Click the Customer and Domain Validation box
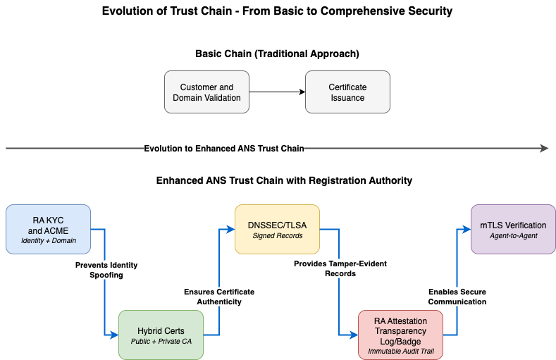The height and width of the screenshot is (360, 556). click(x=206, y=92)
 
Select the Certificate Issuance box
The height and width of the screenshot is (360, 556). click(x=347, y=92)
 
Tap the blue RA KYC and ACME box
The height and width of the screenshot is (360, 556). click(x=48, y=229)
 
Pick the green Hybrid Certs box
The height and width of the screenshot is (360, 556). click(x=161, y=335)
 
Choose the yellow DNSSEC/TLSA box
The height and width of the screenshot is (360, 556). click(x=277, y=229)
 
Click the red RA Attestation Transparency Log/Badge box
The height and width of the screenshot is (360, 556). click(x=400, y=335)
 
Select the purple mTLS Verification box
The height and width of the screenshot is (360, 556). click(x=513, y=229)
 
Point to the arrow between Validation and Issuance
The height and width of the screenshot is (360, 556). click(x=277, y=92)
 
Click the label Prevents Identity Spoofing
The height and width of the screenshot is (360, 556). click(x=106, y=270)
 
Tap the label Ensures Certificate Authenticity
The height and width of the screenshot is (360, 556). click(x=219, y=297)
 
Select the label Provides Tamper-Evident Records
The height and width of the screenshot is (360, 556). click(x=340, y=268)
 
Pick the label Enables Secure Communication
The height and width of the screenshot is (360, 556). click(x=457, y=297)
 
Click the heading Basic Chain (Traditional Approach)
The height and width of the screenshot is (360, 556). click(x=277, y=54)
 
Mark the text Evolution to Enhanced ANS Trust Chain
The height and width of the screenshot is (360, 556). click(x=223, y=148)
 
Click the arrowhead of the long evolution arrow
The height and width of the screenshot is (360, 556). click(x=544, y=148)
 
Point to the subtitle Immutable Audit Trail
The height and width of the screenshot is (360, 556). click(x=400, y=351)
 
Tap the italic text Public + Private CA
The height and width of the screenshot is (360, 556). click(x=161, y=342)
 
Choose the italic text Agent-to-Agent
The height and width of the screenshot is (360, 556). click(x=513, y=236)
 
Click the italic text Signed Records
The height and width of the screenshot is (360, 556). click(x=277, y=236)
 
